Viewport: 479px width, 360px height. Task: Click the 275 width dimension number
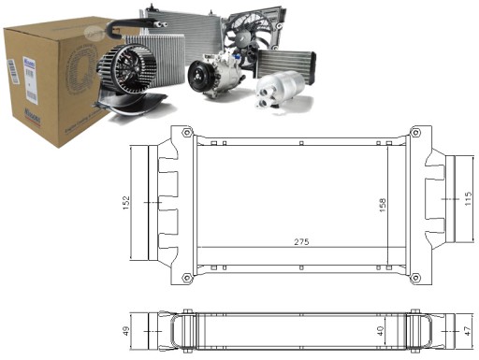coord(300,241)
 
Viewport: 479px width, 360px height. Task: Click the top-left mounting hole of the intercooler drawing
coord(187,134)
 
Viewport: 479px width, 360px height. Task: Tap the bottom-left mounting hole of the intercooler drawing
coord(187,276)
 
